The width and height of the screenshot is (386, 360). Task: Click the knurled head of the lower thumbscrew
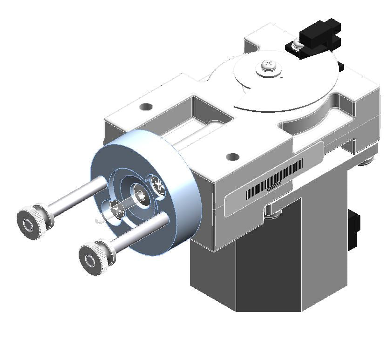click(x=95, y=257)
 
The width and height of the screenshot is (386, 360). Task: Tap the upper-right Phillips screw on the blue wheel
click(x=157, y=185)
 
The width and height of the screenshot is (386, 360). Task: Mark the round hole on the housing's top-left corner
click(x=146, y=107)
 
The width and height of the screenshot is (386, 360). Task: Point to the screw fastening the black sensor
click(x=297, y=44)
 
